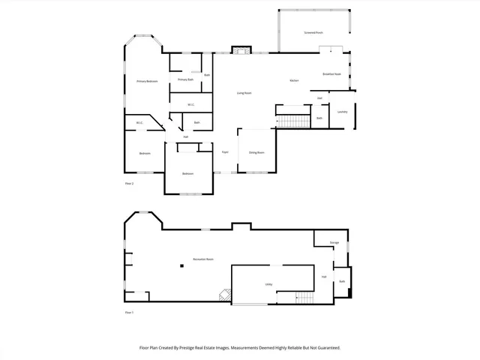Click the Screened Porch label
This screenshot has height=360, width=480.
pos(313,33)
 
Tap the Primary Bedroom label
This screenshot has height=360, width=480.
pos(147,81)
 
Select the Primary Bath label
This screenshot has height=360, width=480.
pos(185,79)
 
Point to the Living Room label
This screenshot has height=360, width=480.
pos(244,93)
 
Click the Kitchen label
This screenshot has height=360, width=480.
pos(295,81)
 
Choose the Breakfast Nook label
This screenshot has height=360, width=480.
pos(331,74)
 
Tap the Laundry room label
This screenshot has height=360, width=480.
pos(342,112)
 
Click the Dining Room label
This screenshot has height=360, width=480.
pos(256,152)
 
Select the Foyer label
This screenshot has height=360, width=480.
pos(224,152)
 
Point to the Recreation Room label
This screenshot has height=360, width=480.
pos(203,259)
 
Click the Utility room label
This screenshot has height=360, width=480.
pos(268,284)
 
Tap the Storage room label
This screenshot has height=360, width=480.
pos(334,242)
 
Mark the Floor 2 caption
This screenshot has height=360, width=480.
pos(129,183)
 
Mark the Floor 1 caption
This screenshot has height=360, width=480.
pos(129,312)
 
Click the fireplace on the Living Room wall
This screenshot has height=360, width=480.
pos(240,50)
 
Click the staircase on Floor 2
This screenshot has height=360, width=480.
pos(292,121)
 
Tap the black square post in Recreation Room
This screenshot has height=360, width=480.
pos(181,265)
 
